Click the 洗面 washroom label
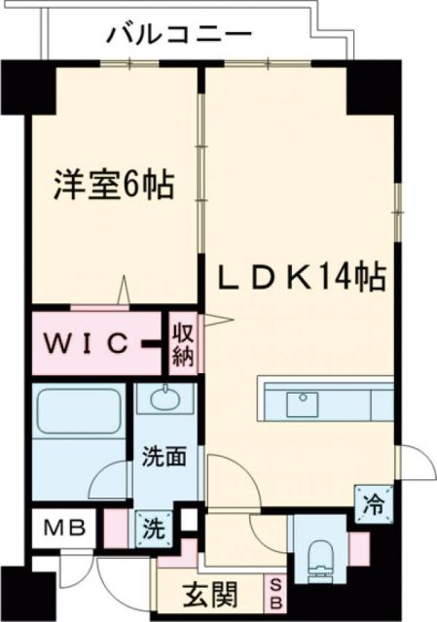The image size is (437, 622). pos(162,456)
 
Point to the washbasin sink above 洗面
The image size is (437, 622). pos(163,399)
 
